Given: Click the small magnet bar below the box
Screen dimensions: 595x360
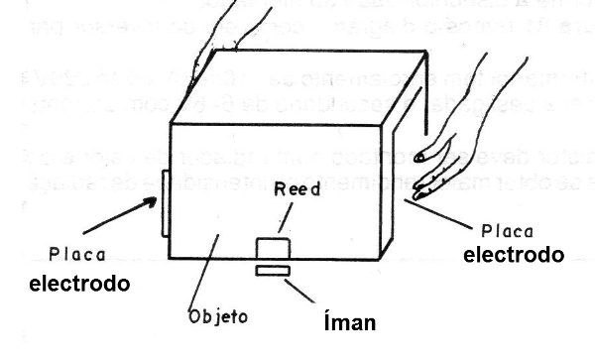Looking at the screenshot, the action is (x=271, y=271).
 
